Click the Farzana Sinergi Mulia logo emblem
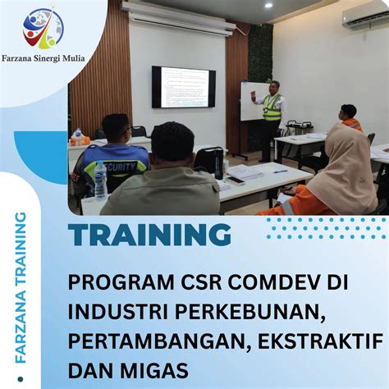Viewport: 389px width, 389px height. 43,28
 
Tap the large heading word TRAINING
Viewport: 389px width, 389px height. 149,235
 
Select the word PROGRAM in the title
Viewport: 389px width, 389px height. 114,282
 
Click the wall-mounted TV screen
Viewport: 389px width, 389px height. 184,87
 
